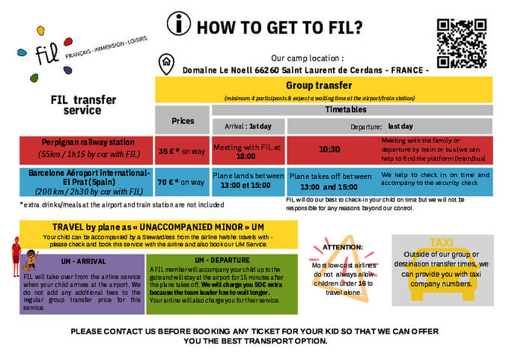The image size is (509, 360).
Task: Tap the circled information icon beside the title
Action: tap(178, 25)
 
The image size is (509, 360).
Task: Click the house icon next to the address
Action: tap(165, 63)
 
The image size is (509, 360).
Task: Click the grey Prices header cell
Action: tap(183, 120)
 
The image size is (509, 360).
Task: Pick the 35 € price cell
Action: tap(182, 151)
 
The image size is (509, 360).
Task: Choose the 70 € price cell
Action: tap(182, 182)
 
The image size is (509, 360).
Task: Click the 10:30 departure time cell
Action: tap(329, 150)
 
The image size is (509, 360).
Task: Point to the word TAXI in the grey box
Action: tap(442, 242)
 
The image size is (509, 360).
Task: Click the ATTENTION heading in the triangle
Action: tap(341, 246)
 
